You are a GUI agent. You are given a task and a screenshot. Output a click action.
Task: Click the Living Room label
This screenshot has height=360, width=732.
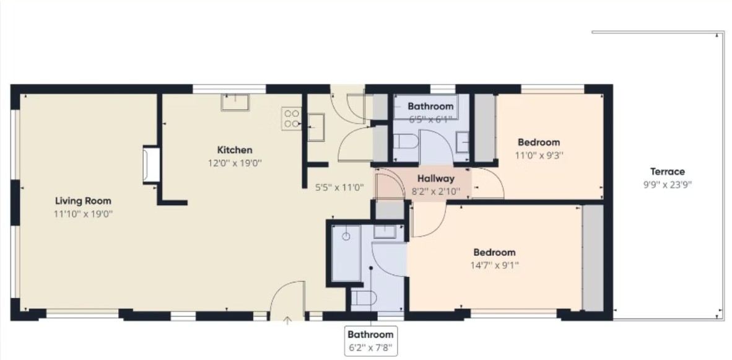pyautogui.click(x=83, y=201)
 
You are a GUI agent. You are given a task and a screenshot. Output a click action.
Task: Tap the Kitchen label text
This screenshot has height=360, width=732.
pyautogui.click(x=235, y=150)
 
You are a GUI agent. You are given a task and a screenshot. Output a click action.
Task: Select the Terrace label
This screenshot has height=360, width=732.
pyautogui.click(x=667, y=172)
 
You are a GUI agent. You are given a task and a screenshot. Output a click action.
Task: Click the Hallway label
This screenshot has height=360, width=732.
pyautogui.click(x=435, y=178)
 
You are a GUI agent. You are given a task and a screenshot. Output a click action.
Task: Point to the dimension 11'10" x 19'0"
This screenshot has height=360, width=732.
pyautogui.click(x=83, y=214)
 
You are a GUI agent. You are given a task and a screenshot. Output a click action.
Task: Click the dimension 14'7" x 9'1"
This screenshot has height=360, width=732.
pyautogui.click(x=495, y=266)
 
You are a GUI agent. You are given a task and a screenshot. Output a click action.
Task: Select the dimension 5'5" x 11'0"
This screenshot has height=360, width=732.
pyautogui.click(x=339, y=188)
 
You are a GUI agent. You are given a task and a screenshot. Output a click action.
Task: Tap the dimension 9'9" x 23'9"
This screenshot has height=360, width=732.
pyautogui.click(x=667, y=184)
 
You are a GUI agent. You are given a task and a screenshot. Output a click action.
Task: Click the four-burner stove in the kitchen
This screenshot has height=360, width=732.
pyautogui.click(x=292, y=118)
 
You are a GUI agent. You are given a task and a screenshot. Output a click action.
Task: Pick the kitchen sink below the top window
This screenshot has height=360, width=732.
pyautogui.click(x=235, y=102)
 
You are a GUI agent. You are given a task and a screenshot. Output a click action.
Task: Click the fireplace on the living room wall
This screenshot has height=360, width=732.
pyautogui.click(x=151, y=164)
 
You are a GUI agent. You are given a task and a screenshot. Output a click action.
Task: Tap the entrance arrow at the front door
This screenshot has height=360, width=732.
pyautogui.click(x=287, y=321)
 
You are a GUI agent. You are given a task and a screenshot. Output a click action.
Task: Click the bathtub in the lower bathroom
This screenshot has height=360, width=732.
pyautogui.click(x=346, y=253)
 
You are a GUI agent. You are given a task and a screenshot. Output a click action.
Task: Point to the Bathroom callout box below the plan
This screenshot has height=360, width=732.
pyautogui.click(x=371, y=341)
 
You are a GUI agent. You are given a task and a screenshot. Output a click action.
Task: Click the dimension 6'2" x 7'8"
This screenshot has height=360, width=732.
pyautogui.click(x=371, y=348)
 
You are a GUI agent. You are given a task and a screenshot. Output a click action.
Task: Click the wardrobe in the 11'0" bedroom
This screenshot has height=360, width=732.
pyautogui.click(x=484, y=128)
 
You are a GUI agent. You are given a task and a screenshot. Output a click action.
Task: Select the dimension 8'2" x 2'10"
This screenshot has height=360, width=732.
pyautogui.click(x=435, y=190)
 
